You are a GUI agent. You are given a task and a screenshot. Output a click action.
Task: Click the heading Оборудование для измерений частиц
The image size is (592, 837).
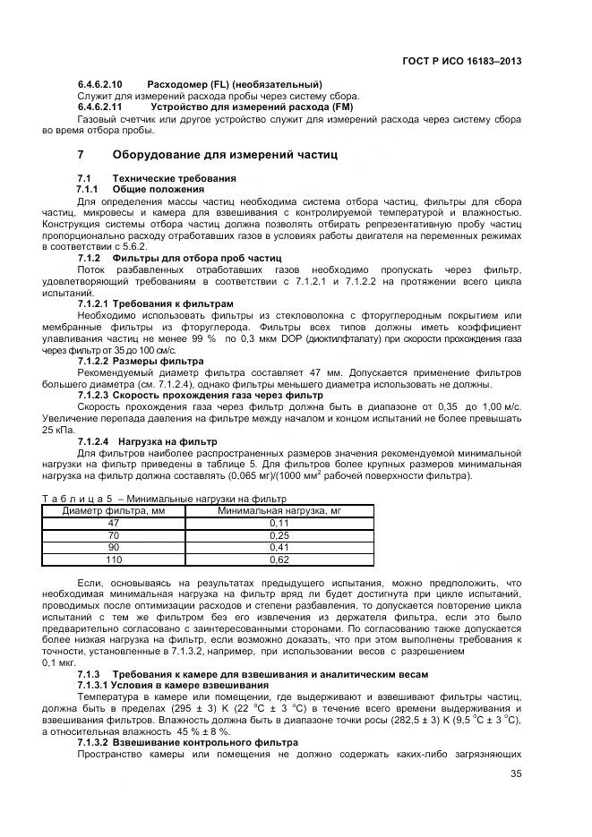[x=225, y=155]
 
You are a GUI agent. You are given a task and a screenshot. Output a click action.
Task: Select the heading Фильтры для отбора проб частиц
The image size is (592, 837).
[x=190, y=258]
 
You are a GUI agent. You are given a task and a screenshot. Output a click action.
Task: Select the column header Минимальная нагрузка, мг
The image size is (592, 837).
[x=281, y=511]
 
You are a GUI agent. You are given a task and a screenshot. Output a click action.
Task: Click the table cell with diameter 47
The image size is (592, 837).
[x=113, y=523]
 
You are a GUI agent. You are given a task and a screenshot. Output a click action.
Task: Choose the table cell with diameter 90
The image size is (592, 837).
[x=113, y=547]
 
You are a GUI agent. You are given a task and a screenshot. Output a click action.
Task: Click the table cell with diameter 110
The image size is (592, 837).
[x=113, y=559]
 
